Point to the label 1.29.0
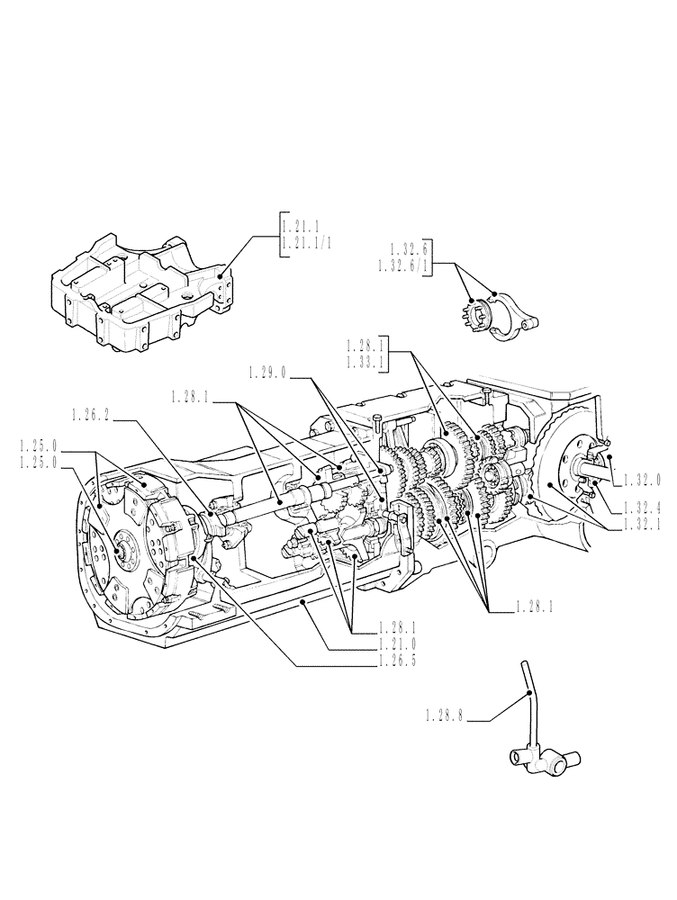point(266,372)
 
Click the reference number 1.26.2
point(91,414)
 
